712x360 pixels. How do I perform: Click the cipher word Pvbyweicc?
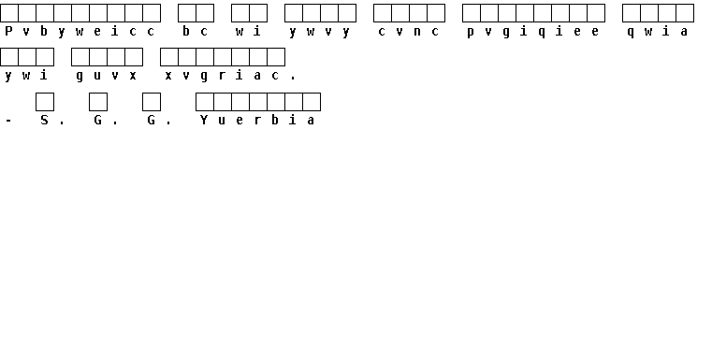click(x=80, y=31)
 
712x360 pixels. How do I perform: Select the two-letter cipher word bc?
click(x=196, y=31)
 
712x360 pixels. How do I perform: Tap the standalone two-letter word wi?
click(x=248, y=31)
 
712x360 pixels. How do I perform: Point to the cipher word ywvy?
click(x=320, y=32)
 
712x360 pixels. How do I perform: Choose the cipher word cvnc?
click(x=409, y=32)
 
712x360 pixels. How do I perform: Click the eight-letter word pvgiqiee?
click(x=533, y=31)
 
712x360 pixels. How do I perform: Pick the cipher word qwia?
click(x=658, y=31)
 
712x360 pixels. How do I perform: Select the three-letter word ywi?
click(x=26, y=76)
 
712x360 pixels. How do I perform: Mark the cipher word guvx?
click(x=107, y=76)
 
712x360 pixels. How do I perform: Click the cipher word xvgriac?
click(x=222, y=76)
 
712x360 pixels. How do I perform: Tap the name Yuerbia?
click(x=257, y=120)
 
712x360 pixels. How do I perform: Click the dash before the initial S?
click(x=8, y=121)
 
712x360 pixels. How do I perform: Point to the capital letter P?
click(x=8, y=31)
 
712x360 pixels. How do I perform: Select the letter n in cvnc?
click(x=417, y=32)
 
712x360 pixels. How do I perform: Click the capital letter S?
click(x=44, y=120)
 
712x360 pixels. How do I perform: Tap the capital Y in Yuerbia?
click(x=204, y=120)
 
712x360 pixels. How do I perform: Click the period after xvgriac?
click(x=293, y=79)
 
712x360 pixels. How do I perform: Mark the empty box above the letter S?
click(x=45, y=102)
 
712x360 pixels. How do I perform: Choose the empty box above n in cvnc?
click(x=418, y=13)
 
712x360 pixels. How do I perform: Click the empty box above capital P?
click(x=9, y=13)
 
